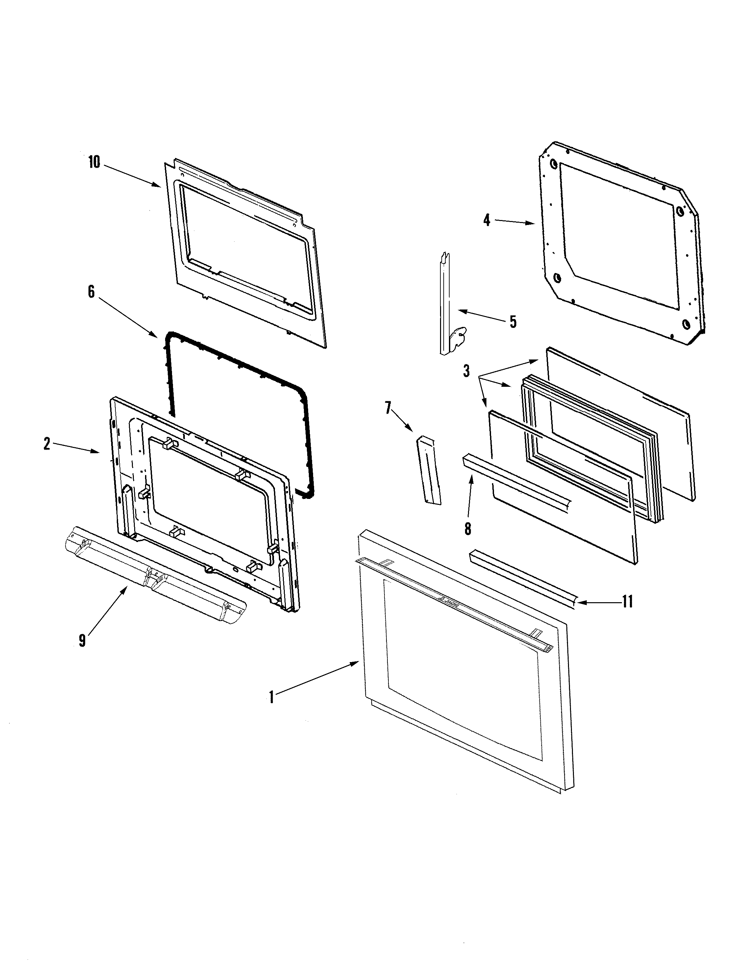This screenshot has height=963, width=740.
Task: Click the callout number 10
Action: click(94, 162)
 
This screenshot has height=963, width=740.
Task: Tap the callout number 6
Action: click(91, 292)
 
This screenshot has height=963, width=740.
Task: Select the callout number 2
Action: click(47, 444)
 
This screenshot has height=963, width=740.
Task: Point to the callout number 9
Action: click(82, 641)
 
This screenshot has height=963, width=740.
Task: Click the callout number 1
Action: click(272, 697)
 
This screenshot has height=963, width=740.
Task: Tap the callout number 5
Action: click(513, 322)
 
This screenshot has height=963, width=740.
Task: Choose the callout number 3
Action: click(466, 371)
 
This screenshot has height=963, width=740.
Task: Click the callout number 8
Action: click(468, 528)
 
